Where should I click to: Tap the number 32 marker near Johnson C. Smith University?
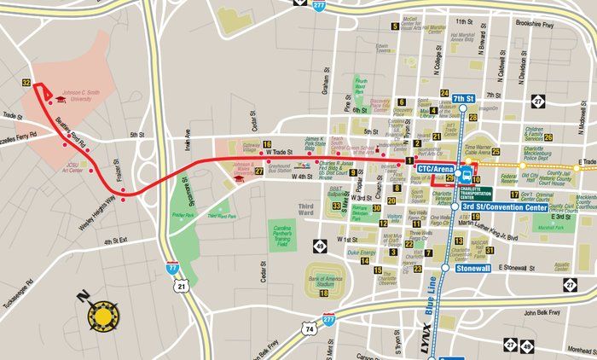click(x=27, y=83)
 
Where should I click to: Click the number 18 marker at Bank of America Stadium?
click(x=324, y=293)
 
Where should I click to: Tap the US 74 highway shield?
click(x=309, y=328)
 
